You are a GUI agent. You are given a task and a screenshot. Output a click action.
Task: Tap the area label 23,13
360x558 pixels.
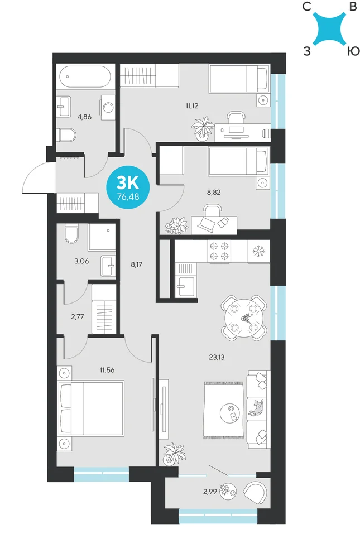pyautogui.click(x=217, y=357)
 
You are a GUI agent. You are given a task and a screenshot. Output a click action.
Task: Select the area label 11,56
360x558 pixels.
pyautogui.click(x=107, y=370)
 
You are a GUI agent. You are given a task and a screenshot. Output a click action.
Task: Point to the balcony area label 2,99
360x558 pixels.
pyautogui.click(x=210, y=492)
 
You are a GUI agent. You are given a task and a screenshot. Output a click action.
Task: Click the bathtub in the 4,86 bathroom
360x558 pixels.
pyautogui.click(x=85, y=76)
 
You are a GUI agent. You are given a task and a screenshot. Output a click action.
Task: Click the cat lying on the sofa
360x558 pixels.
pyautogui.click(x=256, y=408)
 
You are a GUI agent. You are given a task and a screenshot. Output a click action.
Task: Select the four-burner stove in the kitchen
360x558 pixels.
pyautogui.click(x=219, y=251)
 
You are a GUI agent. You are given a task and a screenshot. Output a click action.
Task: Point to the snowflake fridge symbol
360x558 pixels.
pyautogui.click(x=258, y=251)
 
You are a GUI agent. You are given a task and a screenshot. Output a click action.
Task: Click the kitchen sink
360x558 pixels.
pyautogui.click(x=185, y=286)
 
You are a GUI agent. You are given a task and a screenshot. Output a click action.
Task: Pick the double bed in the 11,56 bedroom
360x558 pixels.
pyautogui.click(x=91, y=408)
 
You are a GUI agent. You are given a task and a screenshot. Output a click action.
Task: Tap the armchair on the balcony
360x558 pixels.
pyautogui.click(x=255, y=492)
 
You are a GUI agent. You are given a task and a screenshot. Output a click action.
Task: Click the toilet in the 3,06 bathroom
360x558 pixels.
pyautogui.click(x=72, y=234)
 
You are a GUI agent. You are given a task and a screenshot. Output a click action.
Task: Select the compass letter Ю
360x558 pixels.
pyautogui.click(x=353, y=51)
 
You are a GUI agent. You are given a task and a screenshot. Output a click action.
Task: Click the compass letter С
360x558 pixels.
pyautogui.click(x=306, y=7)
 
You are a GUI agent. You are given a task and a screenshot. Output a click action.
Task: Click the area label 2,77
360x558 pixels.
pyautogui.click(x=77, y=317)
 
